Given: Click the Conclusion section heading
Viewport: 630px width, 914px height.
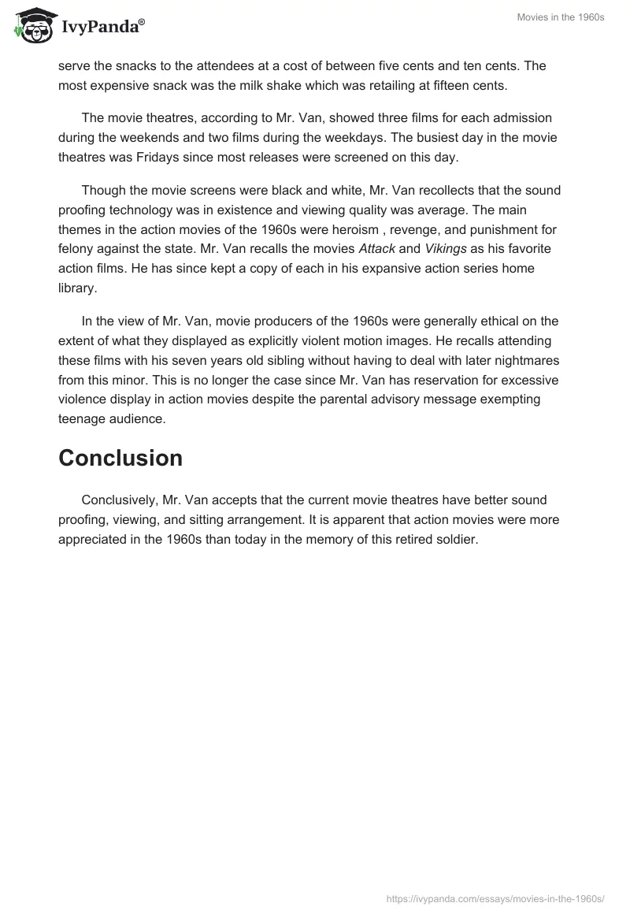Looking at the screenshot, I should tap(120, 458).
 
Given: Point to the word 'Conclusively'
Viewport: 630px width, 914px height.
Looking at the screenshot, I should tap(118, 500).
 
